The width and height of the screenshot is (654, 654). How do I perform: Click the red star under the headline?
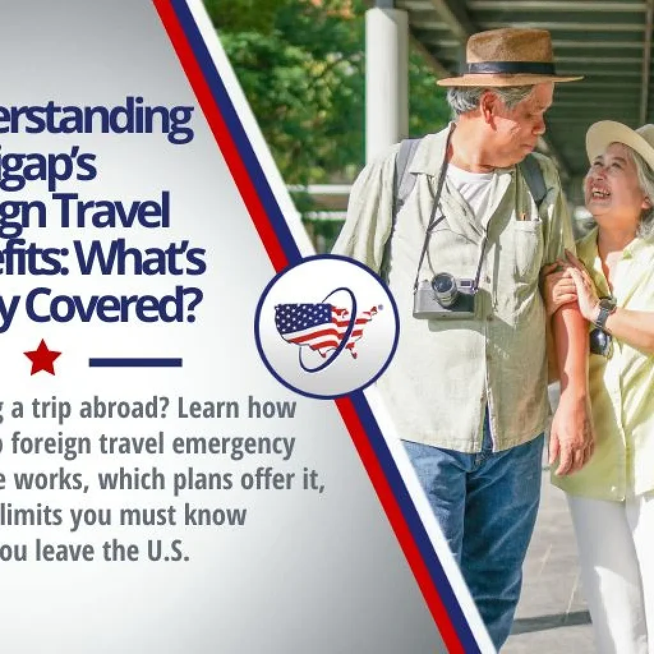(x=43, y=358)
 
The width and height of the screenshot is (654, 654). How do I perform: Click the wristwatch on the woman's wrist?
(x=604, y=311)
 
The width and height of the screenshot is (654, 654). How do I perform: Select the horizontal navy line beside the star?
(x=135, y=363)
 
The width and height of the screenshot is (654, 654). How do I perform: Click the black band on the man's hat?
(x=509, y=68)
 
